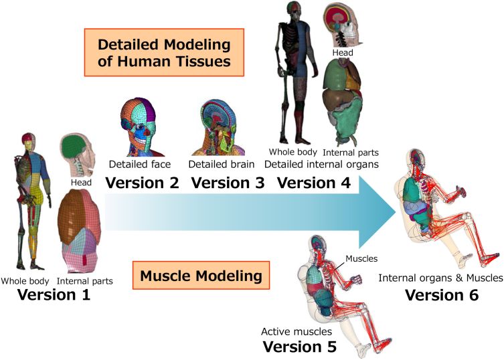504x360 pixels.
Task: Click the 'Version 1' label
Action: (54, 294)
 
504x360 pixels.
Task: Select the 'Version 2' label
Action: (143, 183)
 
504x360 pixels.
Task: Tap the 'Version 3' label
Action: (228, 183)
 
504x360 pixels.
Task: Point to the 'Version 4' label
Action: (314, 183)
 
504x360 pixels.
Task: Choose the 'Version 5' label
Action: (300, 347)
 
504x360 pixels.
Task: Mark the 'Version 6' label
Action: (442, 294)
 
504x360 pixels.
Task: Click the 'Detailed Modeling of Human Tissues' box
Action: (164, 52)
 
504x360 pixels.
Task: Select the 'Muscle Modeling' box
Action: (201, 276)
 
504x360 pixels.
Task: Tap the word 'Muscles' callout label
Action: (361, 258)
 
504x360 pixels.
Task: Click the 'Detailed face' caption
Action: (140, 164)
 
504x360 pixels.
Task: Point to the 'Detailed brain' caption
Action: (222, 164)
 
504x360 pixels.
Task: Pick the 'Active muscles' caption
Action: (297, 331)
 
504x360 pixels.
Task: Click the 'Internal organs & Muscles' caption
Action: (440, 278)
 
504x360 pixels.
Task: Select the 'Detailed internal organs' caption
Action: (321, 164)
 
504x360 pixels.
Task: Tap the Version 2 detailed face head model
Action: (139, 127)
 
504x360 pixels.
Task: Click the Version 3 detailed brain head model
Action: (219, 128)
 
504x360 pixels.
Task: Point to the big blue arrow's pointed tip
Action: (396, 211)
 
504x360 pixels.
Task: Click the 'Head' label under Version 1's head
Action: (81, 183)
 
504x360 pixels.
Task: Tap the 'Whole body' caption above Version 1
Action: (25, 281)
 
